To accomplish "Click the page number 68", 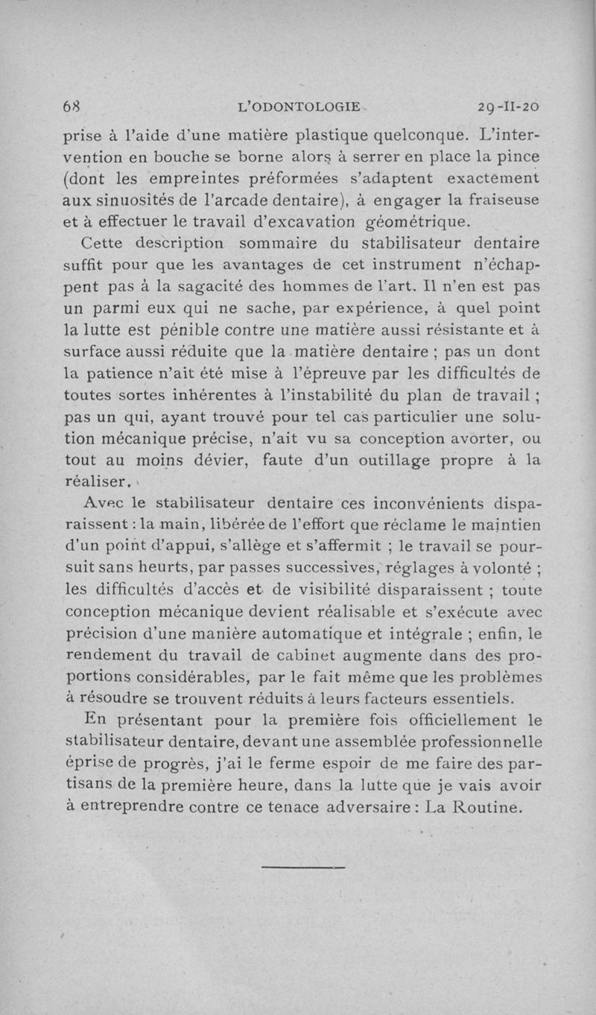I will click(x=72, y=107).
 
